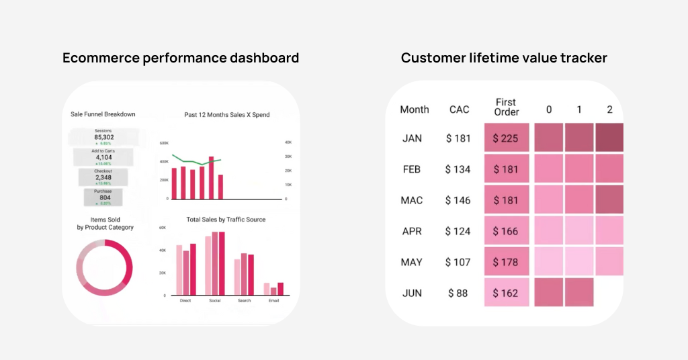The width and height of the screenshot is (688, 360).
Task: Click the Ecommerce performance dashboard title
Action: [181, 58]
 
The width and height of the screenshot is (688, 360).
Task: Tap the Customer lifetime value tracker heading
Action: [504, 58]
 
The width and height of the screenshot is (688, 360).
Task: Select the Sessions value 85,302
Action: [103, 137]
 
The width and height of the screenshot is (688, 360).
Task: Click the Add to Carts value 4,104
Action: [103, 158]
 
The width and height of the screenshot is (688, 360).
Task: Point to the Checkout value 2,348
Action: [103, 177]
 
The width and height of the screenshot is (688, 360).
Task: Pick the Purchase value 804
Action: [103, 197]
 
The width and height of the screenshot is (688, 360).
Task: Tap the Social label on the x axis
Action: [215, 300]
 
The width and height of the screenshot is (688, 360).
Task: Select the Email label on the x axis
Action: [273, 300]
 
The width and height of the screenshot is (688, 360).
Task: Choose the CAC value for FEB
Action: [458, 169]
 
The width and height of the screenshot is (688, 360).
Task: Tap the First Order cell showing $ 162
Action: [507, 293]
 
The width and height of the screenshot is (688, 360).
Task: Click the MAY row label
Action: [412, 262]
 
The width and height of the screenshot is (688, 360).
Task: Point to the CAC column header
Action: [459, 109]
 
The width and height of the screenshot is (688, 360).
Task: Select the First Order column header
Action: [507, 107]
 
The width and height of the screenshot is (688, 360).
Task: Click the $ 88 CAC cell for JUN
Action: [458, 293]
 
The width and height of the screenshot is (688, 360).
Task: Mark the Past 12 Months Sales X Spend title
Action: [226, 115]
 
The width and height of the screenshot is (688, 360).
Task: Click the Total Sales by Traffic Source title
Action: [226, 220]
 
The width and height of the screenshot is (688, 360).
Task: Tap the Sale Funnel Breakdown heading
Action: [103, 114]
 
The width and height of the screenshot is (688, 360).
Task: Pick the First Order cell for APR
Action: [507, 231]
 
